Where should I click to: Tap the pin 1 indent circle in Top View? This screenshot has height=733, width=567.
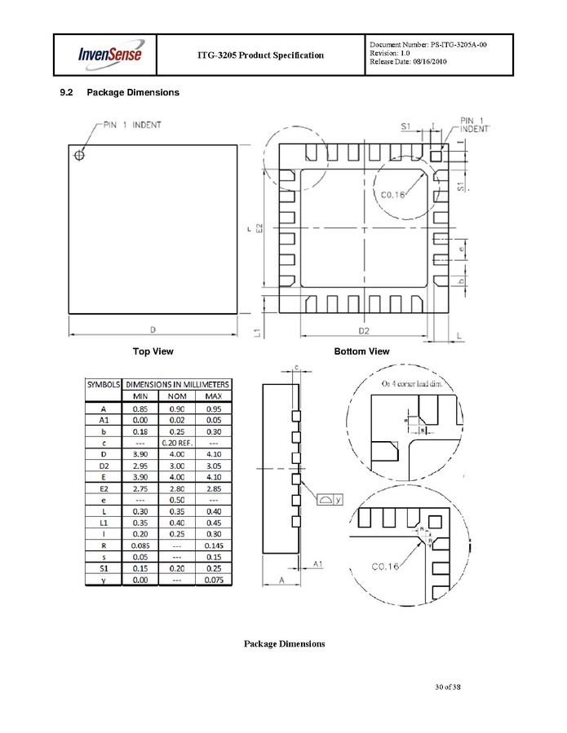[80, 155]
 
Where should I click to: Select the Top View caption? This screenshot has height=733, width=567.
[153, 351]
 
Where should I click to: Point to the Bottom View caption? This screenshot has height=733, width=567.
[361, 351]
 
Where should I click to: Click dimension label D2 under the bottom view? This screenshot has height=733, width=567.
[364, 330]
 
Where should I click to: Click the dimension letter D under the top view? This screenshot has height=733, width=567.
[153, 329]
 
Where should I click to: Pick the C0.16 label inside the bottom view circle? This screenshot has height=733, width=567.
[395, 195]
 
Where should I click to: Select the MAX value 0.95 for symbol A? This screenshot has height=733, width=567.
[213, 408]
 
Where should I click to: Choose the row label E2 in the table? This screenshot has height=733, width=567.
[104, 488]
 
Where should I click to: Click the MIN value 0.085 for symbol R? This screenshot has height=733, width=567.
[140, 545]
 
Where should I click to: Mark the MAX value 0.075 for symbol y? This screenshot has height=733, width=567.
[213, 580]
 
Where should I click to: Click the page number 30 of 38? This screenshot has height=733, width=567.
[449, 687]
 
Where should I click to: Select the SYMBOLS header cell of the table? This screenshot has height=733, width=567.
[104, 384]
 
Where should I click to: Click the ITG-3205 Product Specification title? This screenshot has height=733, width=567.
[260, 55]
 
